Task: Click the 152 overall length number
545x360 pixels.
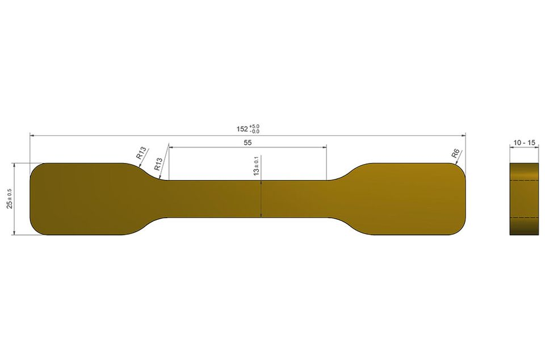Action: tap(242, 129)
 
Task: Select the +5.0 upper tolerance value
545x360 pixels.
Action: tap(254, 127)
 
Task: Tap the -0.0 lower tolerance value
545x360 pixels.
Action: tap(254, 131)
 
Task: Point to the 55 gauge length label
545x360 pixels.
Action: tap(248, 143)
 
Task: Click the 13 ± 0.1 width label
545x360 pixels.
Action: tap(257, 165)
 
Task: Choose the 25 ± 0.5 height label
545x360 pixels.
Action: tap(10, 199)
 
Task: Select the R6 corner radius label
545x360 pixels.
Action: tap(455, 153)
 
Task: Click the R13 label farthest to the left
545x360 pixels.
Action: tap(141, 153)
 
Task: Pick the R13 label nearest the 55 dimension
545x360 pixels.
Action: tap(158, 164)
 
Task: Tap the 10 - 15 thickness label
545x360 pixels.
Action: tap(524, 143)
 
